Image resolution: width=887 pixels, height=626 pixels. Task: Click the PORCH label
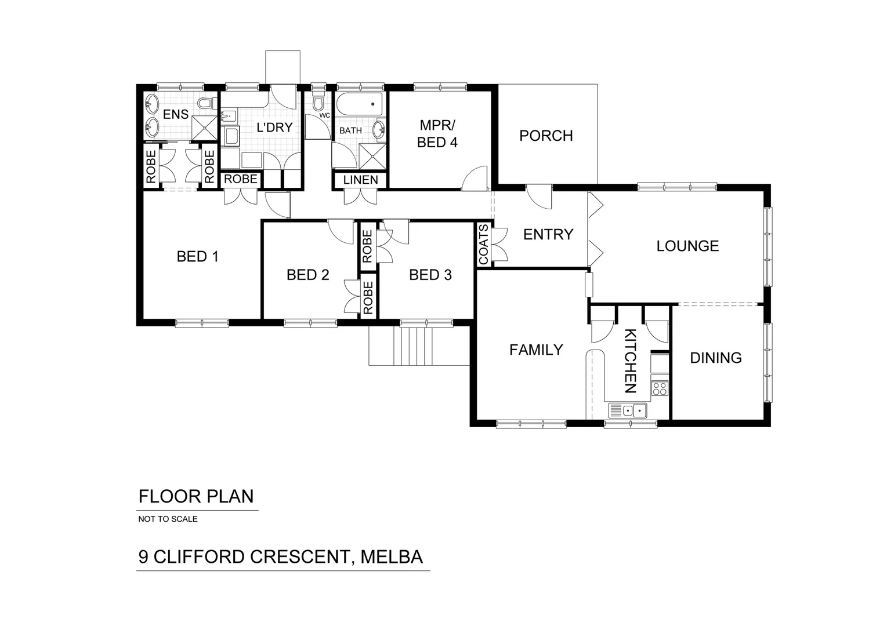546,136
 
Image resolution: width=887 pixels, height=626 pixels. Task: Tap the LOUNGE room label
687,246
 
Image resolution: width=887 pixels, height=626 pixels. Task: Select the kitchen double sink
628,410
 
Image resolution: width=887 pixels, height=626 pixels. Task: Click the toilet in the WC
317,103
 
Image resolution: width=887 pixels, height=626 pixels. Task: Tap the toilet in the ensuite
204,103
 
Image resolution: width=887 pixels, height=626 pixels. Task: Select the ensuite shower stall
204,128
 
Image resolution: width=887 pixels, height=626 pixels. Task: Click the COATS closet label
484,244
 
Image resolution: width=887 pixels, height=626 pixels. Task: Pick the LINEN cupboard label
360,180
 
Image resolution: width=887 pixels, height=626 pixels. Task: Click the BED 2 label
307,275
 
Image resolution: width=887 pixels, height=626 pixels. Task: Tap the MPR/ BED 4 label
437,134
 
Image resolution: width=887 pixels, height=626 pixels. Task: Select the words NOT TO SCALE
168,519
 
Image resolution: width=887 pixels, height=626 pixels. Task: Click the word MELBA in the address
392,557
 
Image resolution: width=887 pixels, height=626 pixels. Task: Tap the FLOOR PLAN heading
196,497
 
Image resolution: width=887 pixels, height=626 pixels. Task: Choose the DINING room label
715,358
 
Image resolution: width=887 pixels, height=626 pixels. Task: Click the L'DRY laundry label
274,127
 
